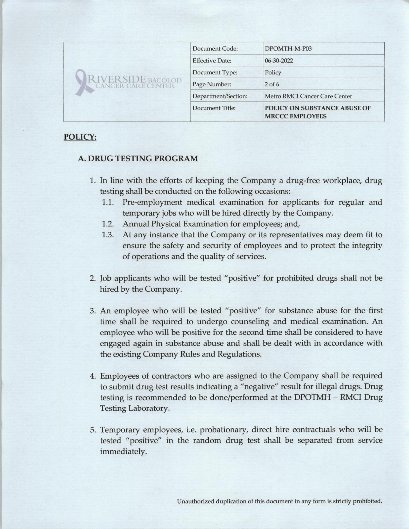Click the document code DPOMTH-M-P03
[x=288, y=49]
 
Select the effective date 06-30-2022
[x=279, y=61]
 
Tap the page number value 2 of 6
[x=272, y=84]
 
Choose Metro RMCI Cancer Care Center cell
[x=308, y=96]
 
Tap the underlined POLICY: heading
[x=80, y=137]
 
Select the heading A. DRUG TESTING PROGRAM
[x=138, y=158]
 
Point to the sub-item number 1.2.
[x=108, y=224]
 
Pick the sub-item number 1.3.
[x=108, y=235]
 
